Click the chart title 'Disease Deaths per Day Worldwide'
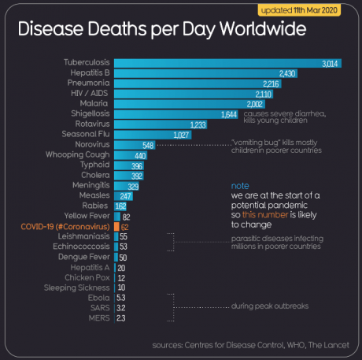(x=162, y=32)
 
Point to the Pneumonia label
(x=87, y=83)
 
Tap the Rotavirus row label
(x=89, y=124)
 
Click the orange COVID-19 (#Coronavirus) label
(x=62, y=225)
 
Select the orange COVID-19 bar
(x=116, y=225)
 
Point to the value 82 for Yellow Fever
(x=126, y=215)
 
